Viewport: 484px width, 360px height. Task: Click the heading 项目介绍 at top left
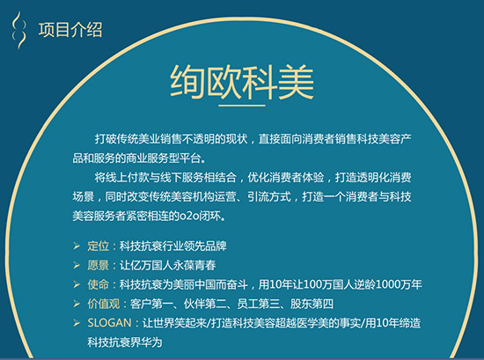click(70, 30)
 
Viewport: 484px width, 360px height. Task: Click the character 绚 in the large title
click(188, 81)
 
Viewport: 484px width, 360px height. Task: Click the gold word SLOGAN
click(111, 324)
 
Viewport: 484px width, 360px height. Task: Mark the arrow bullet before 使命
click(74, 284)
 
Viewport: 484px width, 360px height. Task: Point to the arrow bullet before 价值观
click(74, 304)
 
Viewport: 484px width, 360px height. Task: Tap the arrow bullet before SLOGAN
click(74, 324)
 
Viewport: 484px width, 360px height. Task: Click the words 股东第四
click(298, 304)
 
